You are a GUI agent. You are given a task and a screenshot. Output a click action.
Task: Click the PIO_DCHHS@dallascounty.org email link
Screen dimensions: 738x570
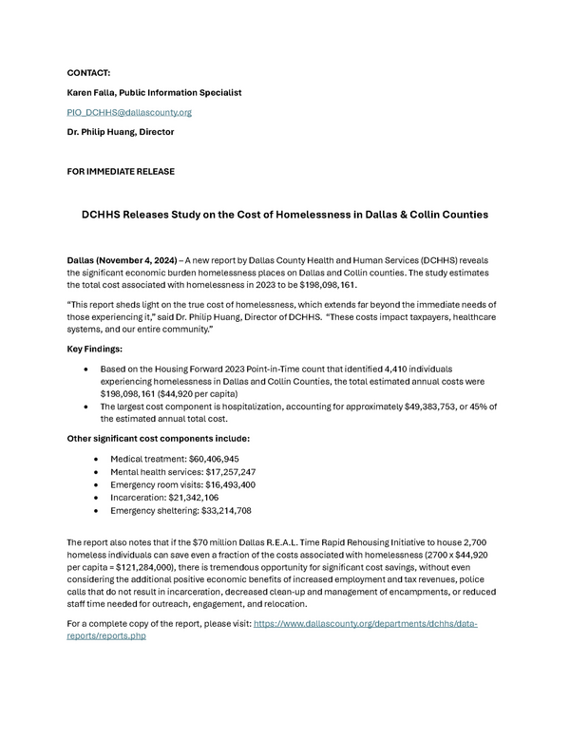point(129,112)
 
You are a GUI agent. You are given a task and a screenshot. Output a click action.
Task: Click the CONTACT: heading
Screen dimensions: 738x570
point(88,72)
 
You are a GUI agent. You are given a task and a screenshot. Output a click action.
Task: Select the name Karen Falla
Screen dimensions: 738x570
point(93,92)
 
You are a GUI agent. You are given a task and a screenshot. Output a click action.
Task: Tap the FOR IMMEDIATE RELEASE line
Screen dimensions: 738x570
point(121,171)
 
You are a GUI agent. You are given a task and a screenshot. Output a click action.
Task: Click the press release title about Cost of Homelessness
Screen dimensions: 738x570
point(285,215)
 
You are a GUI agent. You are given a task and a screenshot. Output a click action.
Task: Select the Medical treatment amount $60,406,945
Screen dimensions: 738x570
point(214,459)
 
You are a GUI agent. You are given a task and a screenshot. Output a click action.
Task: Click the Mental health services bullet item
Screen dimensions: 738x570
point(182,472)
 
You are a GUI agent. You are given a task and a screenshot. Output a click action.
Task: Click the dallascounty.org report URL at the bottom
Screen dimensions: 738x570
point(365,624)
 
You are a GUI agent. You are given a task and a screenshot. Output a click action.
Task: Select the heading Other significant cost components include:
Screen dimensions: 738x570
point(158,438)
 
